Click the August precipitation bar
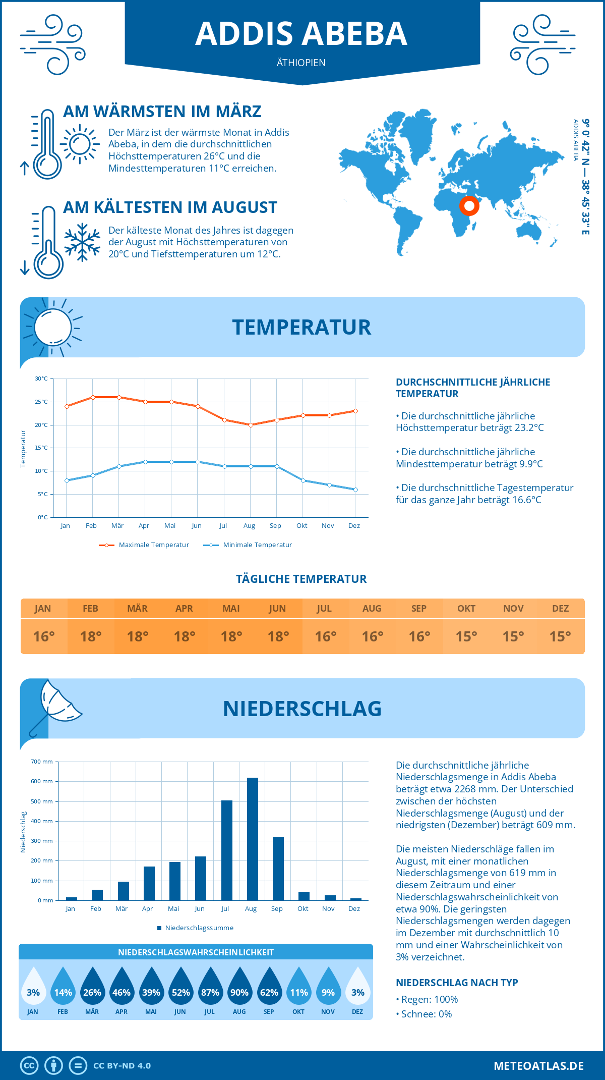coord(253,839)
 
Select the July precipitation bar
coord(227,850)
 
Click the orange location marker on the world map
coord(469,206)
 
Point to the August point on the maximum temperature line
coord(251,425)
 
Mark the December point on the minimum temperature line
coord(355,490)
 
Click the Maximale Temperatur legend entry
coord(144,545)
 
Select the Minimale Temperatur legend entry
coord(248,545)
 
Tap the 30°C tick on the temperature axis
coord(41,379)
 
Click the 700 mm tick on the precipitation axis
coord(42,762)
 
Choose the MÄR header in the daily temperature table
coord(138,609)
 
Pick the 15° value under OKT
coord(466,636)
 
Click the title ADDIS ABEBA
coord(301,34)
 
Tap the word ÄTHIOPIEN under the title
coord(301,63)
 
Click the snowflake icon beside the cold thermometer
coord(82,242)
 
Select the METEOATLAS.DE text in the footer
coord(538,1066)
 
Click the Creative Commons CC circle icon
coord(29,1066)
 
